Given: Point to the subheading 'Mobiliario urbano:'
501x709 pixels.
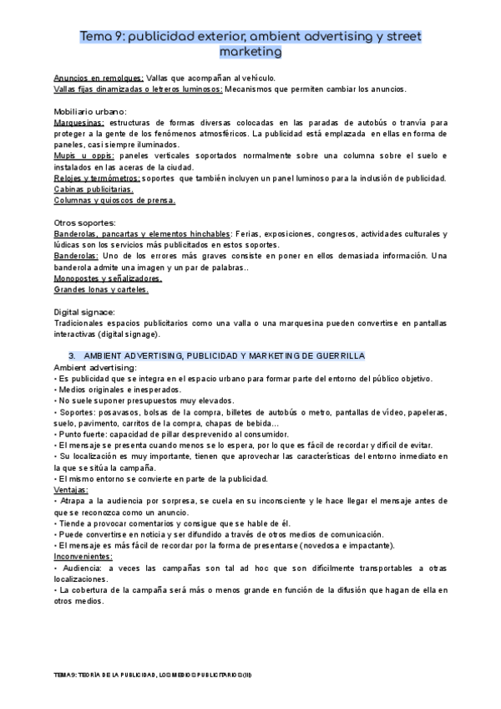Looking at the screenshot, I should (x=90, y=111).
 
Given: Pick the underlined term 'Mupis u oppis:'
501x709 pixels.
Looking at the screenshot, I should (x=82, y=156).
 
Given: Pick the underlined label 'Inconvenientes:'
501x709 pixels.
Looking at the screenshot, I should (x=83, y=557).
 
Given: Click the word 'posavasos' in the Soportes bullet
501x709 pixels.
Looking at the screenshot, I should (x=120, y=412).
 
